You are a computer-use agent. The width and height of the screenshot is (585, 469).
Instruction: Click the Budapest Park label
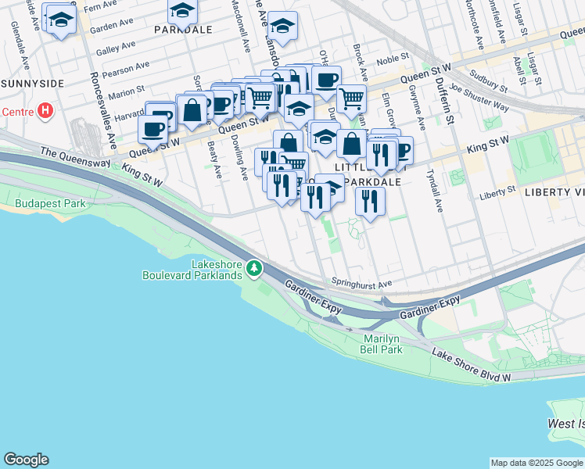[49, 203]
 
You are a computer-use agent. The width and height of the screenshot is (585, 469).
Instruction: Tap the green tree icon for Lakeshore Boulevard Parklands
[254, 269]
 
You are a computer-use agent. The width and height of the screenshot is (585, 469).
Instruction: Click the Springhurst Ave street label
[361, 284]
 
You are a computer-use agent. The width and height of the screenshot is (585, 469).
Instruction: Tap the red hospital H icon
[45, 110]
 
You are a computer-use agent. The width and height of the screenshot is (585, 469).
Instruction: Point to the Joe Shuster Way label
[480, 98]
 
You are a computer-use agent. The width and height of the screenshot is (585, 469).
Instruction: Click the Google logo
[26, 460]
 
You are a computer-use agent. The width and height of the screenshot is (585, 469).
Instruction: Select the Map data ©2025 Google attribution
[537, 463]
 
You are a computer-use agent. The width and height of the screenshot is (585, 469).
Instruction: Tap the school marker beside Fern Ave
[59, 20]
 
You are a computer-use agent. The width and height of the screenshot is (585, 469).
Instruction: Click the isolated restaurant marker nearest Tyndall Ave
[370, 202]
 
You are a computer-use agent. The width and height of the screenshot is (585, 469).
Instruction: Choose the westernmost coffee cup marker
[153, 129]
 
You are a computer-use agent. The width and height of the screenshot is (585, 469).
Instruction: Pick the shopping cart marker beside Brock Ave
[352, 98]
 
